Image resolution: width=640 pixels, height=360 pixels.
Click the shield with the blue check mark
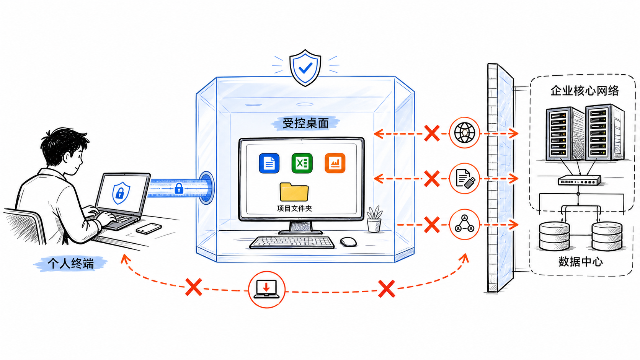305,68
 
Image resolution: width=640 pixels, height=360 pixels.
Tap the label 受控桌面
305,123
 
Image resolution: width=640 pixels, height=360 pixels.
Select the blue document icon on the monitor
269,163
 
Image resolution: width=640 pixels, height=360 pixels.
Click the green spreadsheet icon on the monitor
302,163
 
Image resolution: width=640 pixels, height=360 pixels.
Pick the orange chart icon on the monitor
335,163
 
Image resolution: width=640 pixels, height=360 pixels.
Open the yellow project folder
294,192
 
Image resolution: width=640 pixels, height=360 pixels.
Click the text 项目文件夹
294,209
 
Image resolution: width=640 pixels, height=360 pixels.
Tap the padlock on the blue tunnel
179,189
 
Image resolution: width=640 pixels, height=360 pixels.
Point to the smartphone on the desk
149,228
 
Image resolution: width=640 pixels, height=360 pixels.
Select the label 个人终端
70,263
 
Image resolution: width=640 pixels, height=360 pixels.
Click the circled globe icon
465,133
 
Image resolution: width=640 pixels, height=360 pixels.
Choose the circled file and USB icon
465,179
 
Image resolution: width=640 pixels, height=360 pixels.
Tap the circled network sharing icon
465,225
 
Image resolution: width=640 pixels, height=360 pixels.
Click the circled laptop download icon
266,290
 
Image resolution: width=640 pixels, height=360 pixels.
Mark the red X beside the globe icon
432,133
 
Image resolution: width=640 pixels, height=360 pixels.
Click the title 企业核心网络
584,91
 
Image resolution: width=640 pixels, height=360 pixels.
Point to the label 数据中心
581,262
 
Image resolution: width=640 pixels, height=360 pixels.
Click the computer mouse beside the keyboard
349,242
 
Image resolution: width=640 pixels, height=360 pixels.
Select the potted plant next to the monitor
374,219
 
